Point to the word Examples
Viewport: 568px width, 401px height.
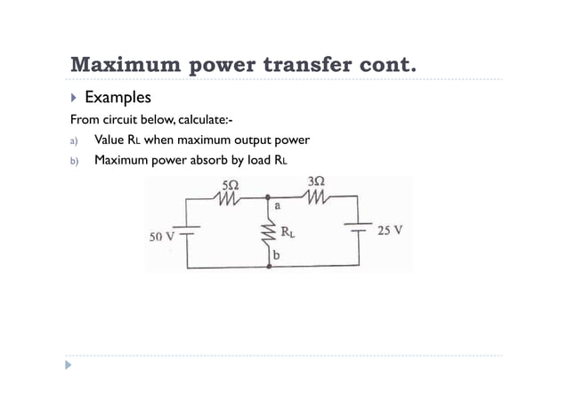coord(118,97)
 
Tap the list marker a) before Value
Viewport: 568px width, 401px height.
coord(75,140)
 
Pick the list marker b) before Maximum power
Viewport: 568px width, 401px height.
coord(75,162)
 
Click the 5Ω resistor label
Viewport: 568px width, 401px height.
coord(230,184)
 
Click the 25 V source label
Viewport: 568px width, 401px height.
coord(389,230)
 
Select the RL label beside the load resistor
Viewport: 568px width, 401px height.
coord(288,233)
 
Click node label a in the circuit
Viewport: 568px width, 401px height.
coord(278,205)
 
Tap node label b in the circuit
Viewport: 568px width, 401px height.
coord(277,256)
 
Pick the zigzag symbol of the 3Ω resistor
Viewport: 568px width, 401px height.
coord(316,197)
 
